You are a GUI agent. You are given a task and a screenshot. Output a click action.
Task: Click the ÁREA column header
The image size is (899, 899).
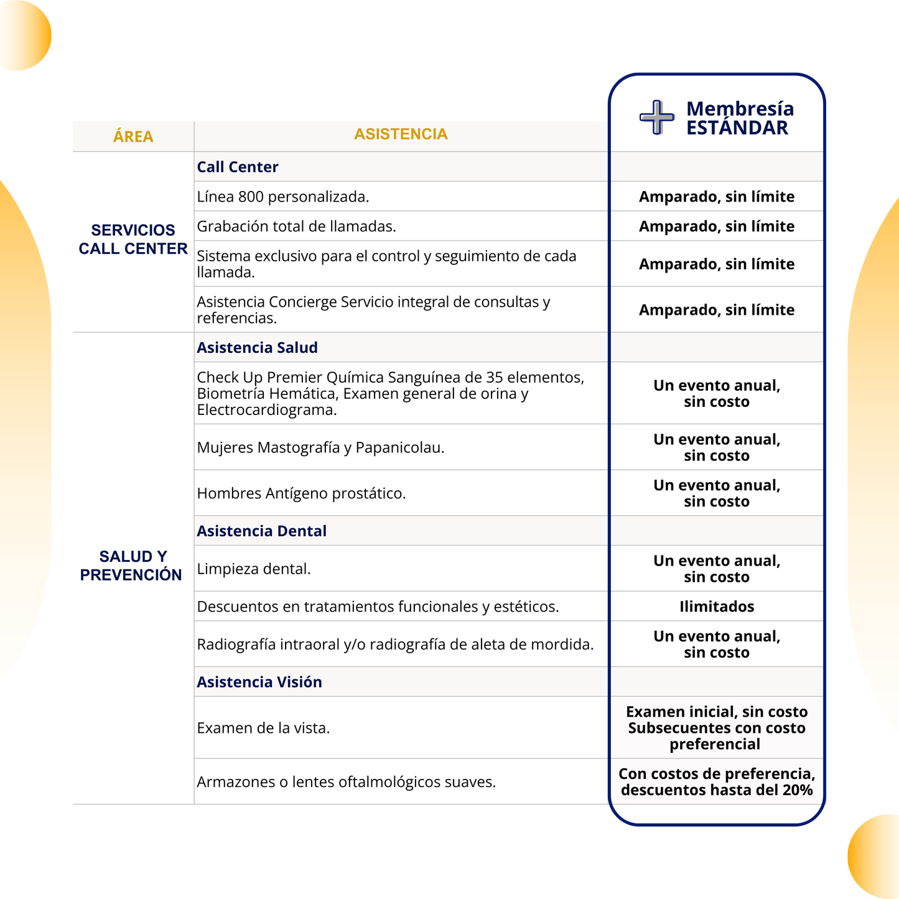point(133,137)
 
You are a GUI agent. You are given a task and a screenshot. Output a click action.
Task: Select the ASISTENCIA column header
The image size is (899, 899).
point(401,134)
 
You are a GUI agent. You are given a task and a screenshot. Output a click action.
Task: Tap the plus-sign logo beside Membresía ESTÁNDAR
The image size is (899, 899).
point(657,117)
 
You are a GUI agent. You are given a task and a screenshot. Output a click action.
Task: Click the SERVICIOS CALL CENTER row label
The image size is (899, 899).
point(133,240)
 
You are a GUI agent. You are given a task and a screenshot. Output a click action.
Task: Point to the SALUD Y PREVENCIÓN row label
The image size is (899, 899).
point(132,566)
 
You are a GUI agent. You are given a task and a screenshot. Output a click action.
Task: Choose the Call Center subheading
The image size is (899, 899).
point(238,167)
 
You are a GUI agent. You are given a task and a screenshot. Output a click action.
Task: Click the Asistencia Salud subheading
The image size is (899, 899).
point(257,348)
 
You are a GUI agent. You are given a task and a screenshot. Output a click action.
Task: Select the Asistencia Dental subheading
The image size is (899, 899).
point(261,531)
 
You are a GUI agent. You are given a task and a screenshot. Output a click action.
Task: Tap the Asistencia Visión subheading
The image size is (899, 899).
point(259,682)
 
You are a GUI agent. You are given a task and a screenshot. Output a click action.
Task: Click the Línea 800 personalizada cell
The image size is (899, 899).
point(283,197)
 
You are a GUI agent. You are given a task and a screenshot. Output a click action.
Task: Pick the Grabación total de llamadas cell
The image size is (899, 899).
point(296,226)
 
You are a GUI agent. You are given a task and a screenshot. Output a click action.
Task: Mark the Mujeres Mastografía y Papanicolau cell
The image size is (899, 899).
point(320,448)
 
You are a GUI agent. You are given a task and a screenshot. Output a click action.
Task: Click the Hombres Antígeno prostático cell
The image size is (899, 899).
point(301,494)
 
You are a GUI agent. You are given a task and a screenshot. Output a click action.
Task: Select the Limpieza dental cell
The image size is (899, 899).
point(254,569)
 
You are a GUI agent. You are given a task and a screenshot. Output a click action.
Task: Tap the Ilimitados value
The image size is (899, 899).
point(717,607)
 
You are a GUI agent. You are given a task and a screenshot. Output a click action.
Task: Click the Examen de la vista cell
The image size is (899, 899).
point(263,728)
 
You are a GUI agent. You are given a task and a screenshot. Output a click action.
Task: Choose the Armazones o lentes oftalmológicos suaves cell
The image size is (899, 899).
point(346,782)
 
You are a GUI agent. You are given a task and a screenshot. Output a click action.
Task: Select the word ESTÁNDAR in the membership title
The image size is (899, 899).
point(737,128)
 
